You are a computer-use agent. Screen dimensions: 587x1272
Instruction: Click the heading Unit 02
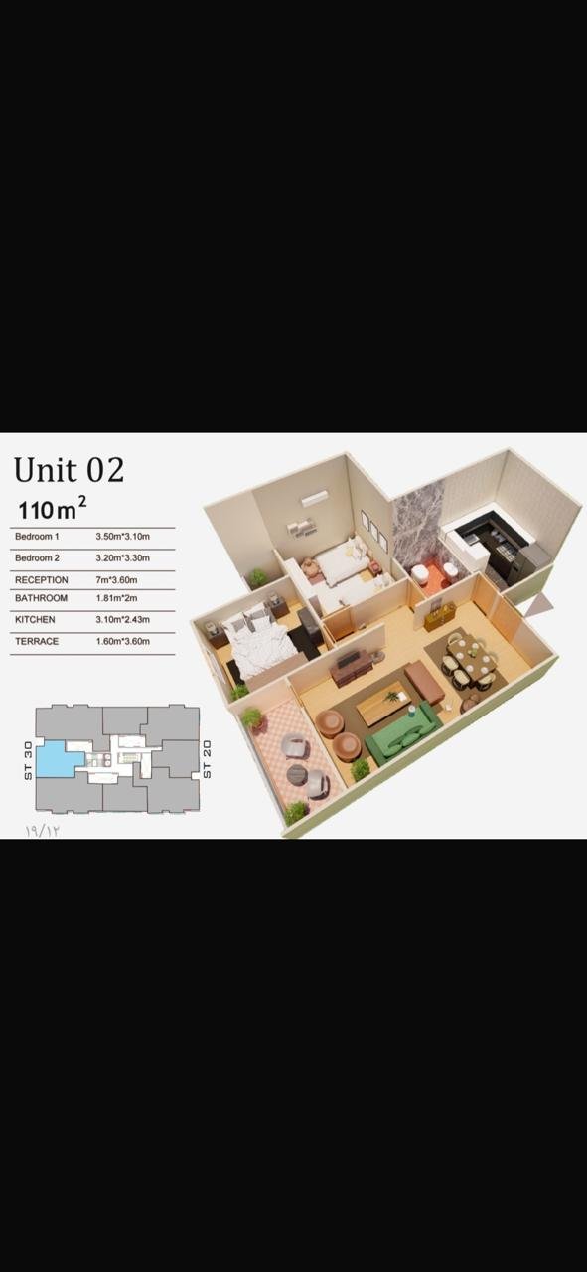69,470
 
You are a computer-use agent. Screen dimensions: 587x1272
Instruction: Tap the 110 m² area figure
53,508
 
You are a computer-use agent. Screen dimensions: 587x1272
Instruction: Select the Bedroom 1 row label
37,536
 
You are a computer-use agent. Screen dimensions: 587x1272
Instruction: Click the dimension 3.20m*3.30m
122,558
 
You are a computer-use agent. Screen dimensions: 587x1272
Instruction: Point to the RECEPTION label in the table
42,580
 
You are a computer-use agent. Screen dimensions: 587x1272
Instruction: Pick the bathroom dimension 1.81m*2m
116,598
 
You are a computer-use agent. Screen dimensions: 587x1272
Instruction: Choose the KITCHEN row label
35,619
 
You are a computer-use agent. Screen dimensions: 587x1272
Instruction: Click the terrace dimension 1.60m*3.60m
122,641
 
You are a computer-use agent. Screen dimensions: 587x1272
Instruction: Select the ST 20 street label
207,759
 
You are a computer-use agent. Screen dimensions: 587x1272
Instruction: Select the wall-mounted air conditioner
315,498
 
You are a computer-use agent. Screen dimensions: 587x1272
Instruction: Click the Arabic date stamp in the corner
42,830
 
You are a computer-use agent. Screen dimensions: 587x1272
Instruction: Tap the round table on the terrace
297,774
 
